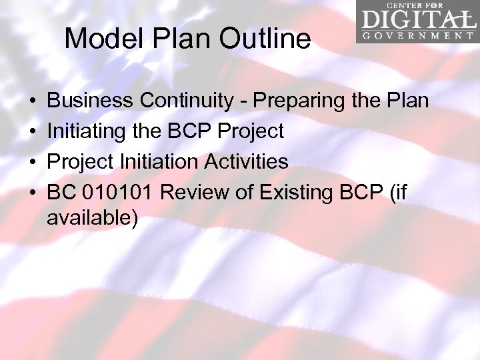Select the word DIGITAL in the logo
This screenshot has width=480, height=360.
(417, 17)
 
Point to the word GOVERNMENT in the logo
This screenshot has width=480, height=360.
(417, 35)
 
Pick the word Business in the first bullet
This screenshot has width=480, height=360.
(90, 101)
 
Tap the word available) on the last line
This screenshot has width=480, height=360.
(93, 217)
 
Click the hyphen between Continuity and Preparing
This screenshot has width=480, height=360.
(245, 102)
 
